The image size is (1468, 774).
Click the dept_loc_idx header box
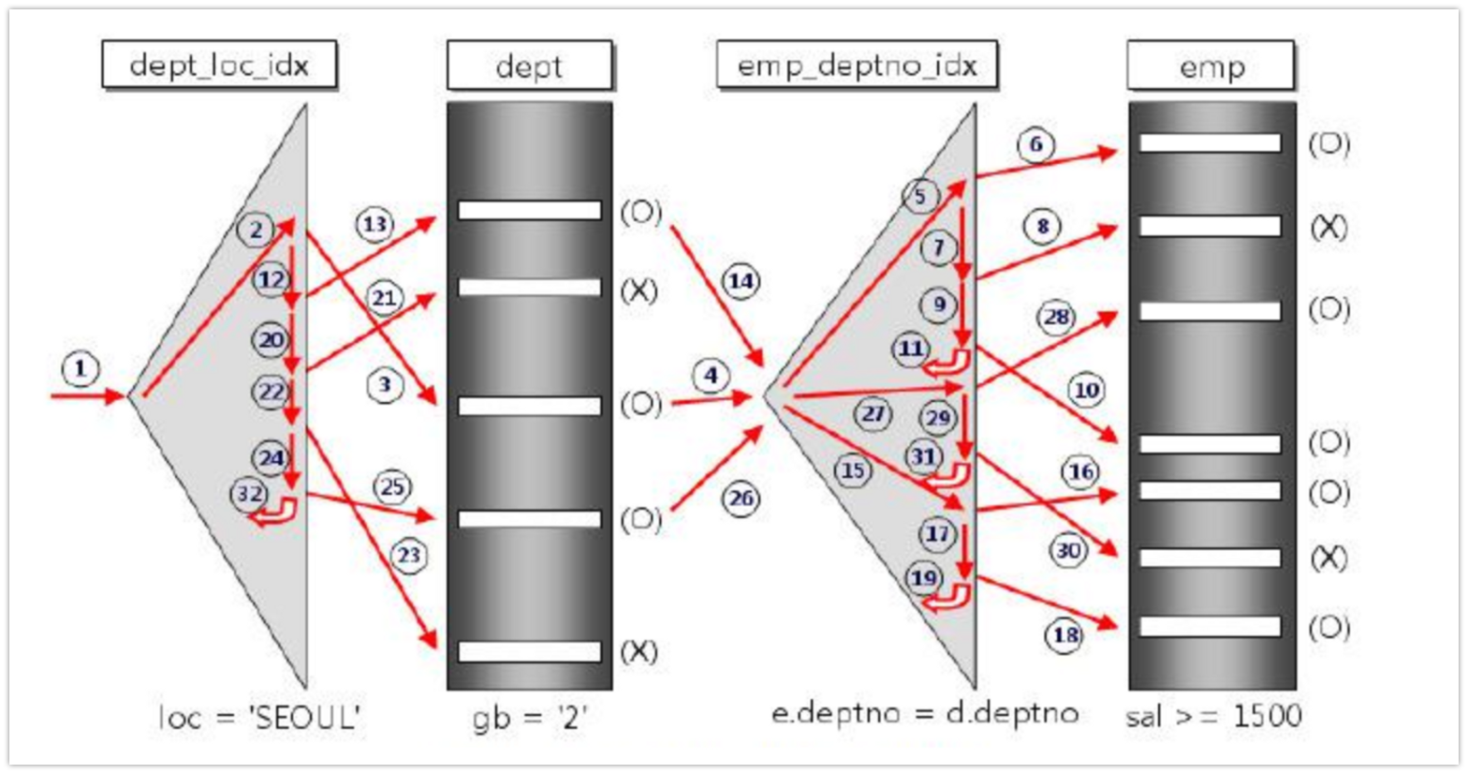pos(218,66)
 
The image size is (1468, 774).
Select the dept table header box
pos(529,66)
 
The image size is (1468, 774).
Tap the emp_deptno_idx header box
pos(856,66)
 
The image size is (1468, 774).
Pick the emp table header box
pos(1211,66)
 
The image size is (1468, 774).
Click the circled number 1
pos(81,368)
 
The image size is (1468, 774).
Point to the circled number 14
pos(741,281)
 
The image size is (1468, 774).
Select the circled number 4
pos(712,377)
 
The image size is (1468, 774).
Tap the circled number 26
pos(741,499)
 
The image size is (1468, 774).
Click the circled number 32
pos(249,494)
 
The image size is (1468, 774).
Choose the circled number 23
pos(409,556)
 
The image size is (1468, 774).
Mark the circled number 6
pos(1035,144)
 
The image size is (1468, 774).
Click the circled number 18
pos(1065,635)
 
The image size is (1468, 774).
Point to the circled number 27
pos(873,413)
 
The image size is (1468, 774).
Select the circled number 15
pos(853,469)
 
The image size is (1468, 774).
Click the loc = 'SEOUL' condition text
pos(260,717)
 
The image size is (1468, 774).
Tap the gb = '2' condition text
pos(529,717)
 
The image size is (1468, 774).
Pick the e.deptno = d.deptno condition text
pos(924,713)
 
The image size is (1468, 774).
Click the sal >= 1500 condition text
pos(1213,716)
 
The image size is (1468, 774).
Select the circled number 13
pos(374,224)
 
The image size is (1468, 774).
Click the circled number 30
pos(1068,551)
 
